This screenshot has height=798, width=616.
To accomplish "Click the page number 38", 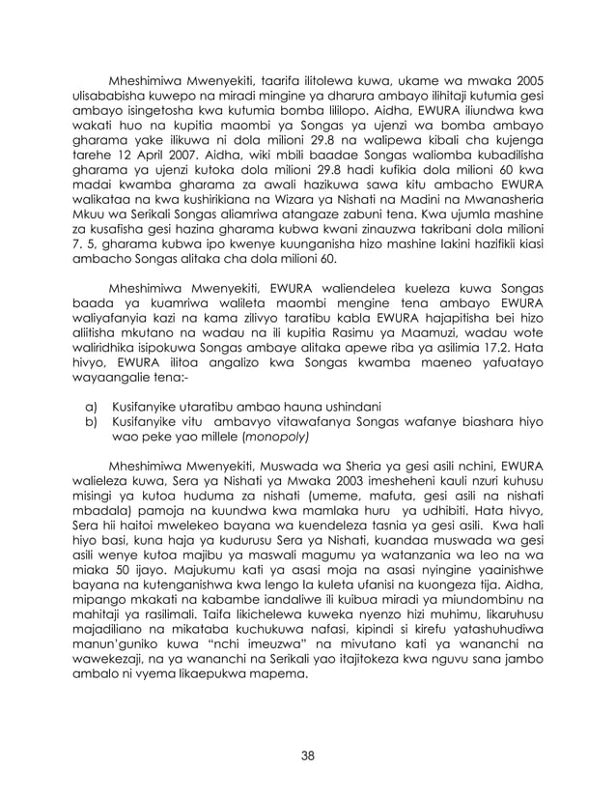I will (308, 755).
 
